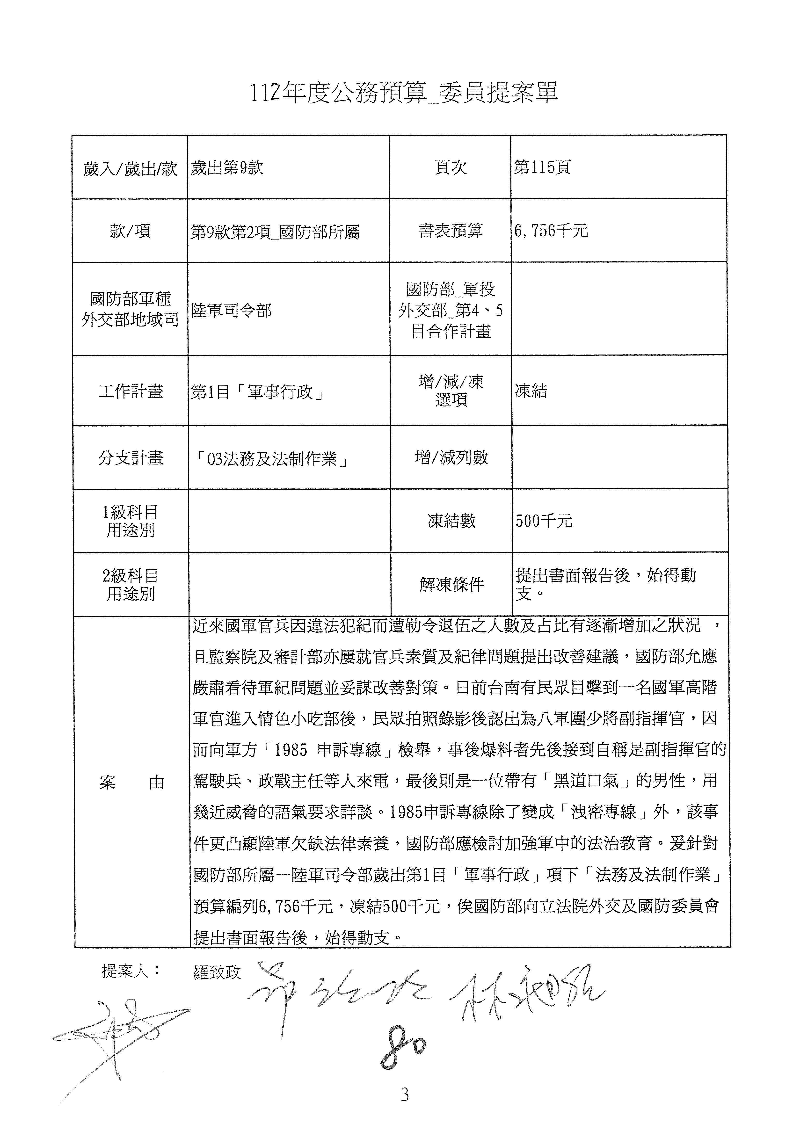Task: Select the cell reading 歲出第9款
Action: [x=227, y=167]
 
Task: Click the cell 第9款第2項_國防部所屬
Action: [x=275, y=231]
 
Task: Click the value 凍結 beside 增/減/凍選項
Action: [x=531, y=391]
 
